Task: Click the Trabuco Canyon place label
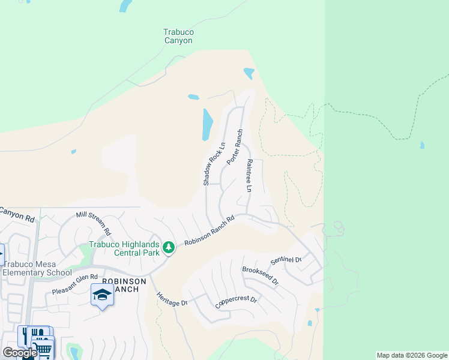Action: [178, 36]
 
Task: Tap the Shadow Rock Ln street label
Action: [213, 163]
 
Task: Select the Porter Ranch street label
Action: [235, 148]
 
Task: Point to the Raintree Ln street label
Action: [249, 176]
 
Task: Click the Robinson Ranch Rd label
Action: [209, 232]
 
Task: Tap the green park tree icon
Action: [169, 247]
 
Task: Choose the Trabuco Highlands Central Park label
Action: [124, 248]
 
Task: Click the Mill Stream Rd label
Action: [94, 223]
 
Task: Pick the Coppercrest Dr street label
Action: [236, 302]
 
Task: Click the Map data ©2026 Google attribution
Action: [412, 355]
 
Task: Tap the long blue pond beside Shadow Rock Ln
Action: [208, 124]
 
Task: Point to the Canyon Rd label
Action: [17, 214]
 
